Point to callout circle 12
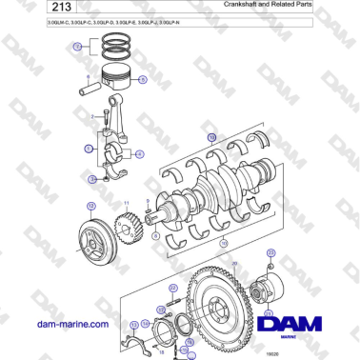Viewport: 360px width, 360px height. coord(90,205)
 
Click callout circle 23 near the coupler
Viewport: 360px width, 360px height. coord(270,253)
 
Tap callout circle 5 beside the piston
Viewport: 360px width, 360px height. coord(143,81)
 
